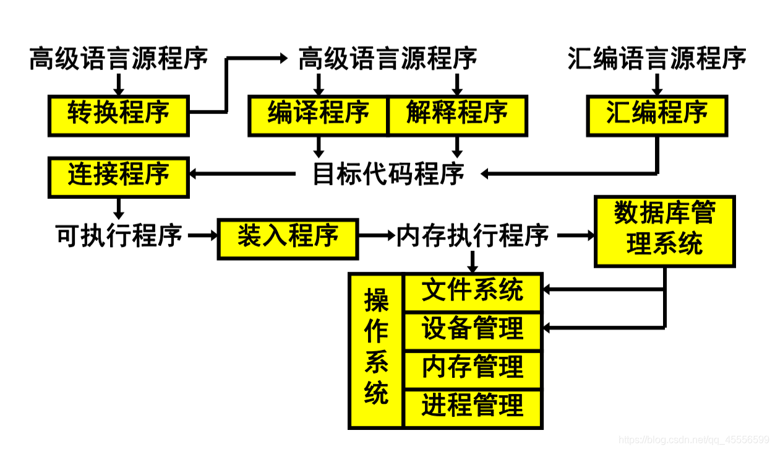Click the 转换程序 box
point(118,115)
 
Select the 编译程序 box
point(318,115)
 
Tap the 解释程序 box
point(457,115)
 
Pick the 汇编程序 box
point(657,115)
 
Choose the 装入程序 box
point(288,238)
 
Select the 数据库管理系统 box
point(664,231)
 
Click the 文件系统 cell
point(473,292)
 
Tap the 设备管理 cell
point(473,330)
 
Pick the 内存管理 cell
point(473,369)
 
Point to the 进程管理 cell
point(473,408)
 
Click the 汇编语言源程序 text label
point(657,59)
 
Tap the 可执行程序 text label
point(119,236)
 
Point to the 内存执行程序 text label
point(473,236)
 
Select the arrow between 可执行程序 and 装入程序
point(201,236)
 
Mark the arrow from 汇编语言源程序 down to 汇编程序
point(657,83)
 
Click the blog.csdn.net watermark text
point(693,440)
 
